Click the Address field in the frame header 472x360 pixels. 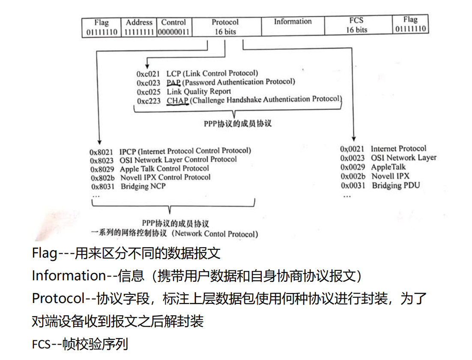click(139, 27)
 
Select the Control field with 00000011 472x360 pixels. click(173, 27)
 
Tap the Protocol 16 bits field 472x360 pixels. click(225, 27)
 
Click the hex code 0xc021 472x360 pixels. click(148, 74)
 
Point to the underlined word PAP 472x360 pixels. click(173, 83)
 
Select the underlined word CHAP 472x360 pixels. click(177, 101)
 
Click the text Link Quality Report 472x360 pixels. click(199, 92)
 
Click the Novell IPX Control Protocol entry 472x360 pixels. click(165, 177)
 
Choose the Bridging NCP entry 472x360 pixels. click(143, 186)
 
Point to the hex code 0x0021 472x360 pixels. click(352, 149)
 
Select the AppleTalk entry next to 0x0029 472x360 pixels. click(388, 167)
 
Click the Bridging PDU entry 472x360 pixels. click(396, 186)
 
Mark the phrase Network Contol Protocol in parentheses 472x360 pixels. click(216, 234)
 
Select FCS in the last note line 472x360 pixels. click(41, 344)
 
